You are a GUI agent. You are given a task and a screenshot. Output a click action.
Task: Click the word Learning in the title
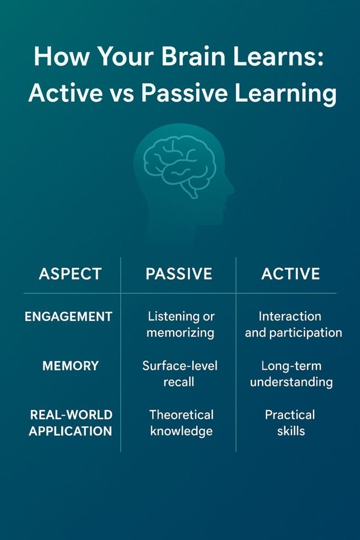pos(285,94)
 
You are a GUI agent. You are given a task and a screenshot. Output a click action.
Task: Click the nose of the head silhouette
pos(231,189)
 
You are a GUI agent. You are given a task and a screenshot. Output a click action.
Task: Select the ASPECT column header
pos(70,274)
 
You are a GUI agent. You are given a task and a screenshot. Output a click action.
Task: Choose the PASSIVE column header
pos(179,274)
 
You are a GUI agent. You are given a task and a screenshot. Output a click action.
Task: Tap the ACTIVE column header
pos(291,274)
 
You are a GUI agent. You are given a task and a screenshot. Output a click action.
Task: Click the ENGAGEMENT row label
pos(69,316)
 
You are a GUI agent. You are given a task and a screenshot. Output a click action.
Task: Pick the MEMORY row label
pos(71,366)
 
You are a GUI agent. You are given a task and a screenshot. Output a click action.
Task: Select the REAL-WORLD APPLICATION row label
pos(71,423)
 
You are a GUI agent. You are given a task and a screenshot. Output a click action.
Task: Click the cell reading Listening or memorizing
pos(181,325)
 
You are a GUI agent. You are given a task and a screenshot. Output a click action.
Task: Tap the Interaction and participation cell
pos(293,325)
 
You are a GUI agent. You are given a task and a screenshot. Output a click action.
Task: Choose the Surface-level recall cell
pos(180,374)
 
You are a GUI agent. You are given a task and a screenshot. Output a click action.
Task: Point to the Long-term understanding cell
pos(291,374)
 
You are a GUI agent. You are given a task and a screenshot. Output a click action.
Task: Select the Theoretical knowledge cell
pos(181,423)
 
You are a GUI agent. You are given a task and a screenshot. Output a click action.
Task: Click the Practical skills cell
pos(290,423)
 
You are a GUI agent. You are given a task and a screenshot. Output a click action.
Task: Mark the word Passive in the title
pos(184,93)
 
